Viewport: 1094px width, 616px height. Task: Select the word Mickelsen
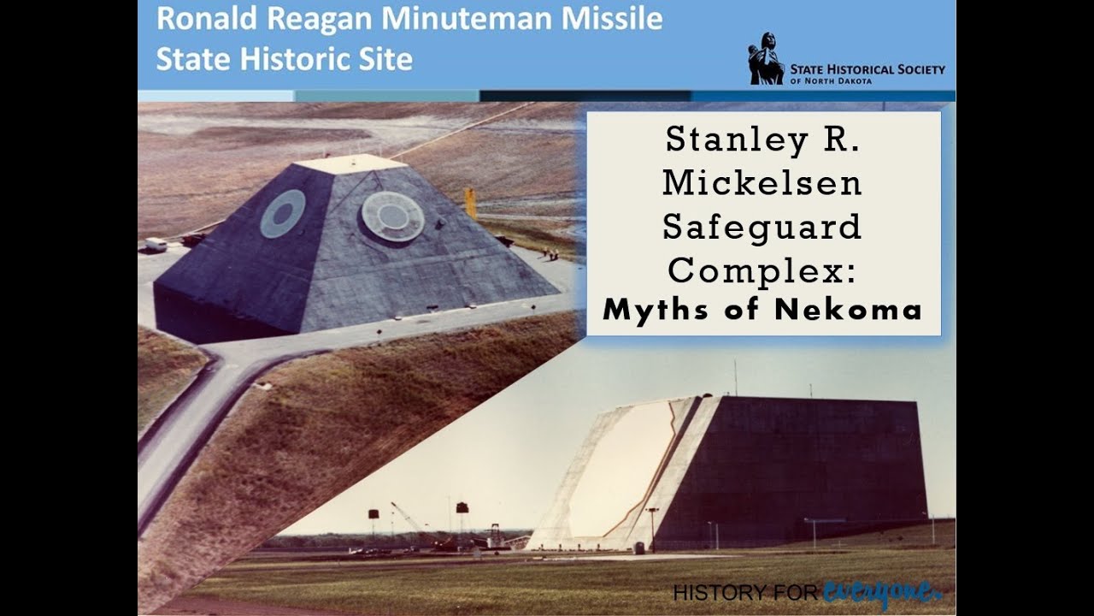tap(762, 183)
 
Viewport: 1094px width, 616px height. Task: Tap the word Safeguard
tap(762, 227)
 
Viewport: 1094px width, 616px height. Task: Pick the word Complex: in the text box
tap(762, 269)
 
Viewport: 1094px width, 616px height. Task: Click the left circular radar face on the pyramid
tap(282, 213)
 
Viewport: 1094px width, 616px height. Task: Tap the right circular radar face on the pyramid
tap(393, 215)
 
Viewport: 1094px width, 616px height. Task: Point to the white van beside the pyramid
tap(156, 244)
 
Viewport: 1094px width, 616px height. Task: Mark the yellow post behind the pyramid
tap(470, 203)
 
